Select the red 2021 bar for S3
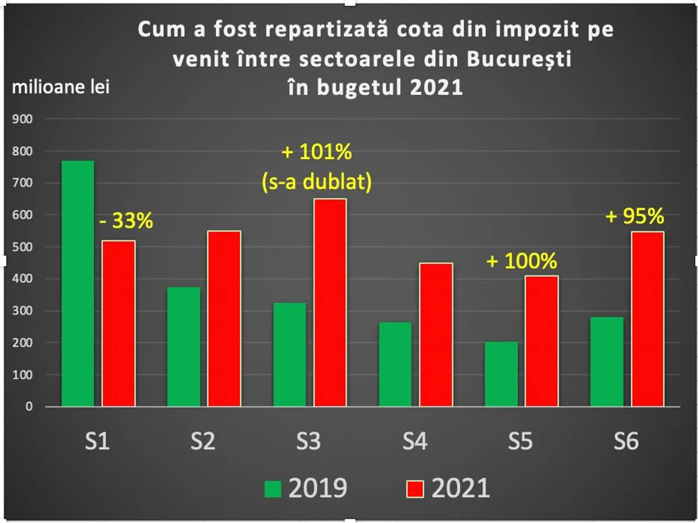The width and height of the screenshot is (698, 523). (x=330, y=302)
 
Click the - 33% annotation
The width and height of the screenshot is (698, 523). (x=125, y=221)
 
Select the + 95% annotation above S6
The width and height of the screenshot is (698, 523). (x=635, y=217)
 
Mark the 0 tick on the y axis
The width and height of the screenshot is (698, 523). (x=29, y=407)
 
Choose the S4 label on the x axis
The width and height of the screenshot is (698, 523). (x=414, y=442)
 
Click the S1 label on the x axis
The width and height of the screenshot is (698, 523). (x=97, y=442)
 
